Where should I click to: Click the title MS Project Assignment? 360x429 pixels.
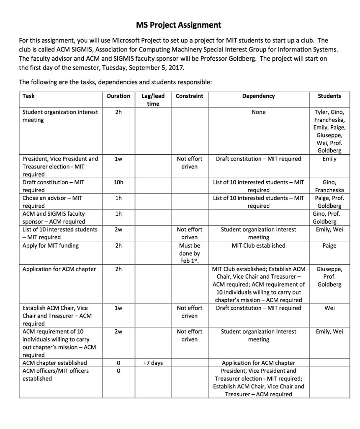click(179, 25)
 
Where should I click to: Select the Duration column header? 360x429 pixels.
click(118, 96)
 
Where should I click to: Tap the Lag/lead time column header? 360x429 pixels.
click(153, 100)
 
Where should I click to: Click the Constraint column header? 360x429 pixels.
click(189, 96)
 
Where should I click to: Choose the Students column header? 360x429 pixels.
click(329, 96)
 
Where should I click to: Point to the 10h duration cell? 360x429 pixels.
click(118, 182)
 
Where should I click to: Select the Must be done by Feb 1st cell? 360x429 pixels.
click(190, 253)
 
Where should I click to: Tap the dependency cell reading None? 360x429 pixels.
click(258, 112)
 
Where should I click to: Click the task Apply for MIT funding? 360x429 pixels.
click(51, 246)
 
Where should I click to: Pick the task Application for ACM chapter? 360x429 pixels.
click(59, 269)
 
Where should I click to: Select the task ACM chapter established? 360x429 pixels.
click(55, 363)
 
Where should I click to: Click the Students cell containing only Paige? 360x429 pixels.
click(329, 246)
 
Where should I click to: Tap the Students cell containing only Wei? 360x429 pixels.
click(329, 308)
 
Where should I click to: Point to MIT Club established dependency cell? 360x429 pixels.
click(258, 246)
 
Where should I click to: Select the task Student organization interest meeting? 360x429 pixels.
click(60, 116)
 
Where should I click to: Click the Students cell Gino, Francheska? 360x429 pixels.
click(329, 186)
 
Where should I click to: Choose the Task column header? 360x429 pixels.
click(28, 96)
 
